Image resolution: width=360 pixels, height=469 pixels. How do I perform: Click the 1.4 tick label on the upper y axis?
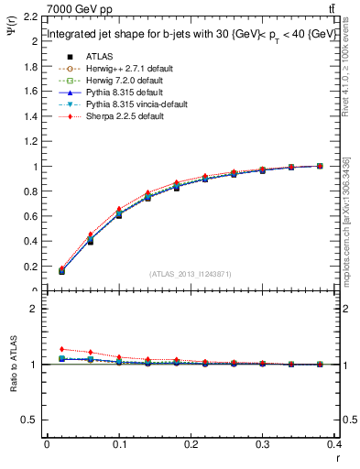(x=30, y=117)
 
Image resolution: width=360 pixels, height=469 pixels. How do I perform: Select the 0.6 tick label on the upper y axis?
(x=30, y=217)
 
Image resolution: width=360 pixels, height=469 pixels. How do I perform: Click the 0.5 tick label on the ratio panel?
(x=30, y=420)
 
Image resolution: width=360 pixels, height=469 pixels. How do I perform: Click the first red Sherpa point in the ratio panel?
(x=61, y=349)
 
